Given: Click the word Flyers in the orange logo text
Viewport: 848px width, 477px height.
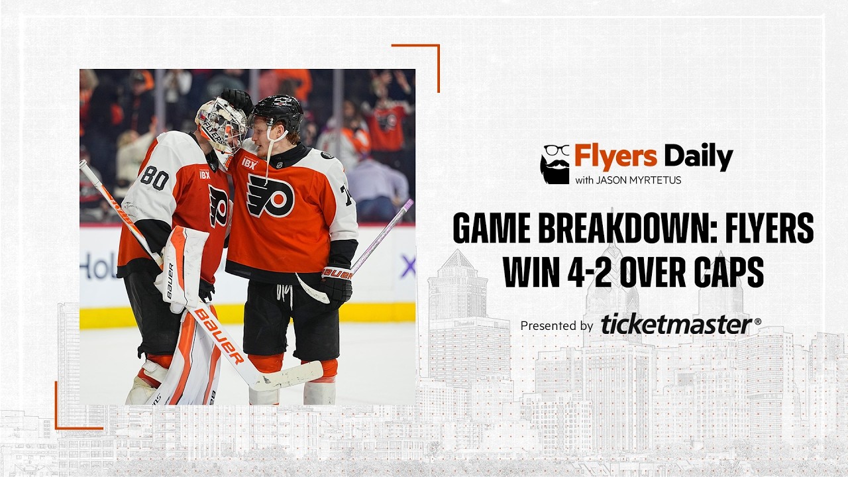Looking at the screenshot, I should click(x=615, y=157).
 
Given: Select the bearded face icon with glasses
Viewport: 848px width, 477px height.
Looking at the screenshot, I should click(x=555, y=164).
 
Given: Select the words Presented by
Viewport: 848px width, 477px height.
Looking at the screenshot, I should click(x=556, y=325).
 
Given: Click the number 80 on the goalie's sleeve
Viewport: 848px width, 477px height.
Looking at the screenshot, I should click(x=154, y=178).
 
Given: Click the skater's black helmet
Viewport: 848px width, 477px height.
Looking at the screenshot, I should click(x=278, y=110).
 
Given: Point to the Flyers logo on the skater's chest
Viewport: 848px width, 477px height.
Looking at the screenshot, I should click(x=270, y=196).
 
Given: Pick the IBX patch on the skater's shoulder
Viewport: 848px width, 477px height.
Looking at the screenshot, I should click(x=249, y=163).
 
